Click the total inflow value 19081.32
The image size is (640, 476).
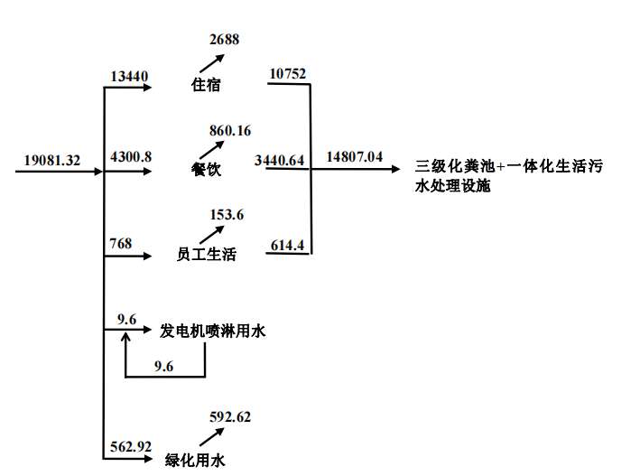click(52, 161)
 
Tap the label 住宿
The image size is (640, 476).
click(206, 87)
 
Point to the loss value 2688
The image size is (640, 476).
click(225, 39)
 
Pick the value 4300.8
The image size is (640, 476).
click(131, 157)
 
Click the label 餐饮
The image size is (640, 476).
click(206, 170)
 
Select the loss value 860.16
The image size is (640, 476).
click(230, 131)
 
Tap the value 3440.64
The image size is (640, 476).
click(280, 160)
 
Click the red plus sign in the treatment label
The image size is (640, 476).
click(501, 166)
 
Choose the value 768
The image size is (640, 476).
click(121, 243)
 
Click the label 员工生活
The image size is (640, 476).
click(206, 255)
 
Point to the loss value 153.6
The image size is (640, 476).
click(227, 214)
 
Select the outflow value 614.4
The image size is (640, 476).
click(288, 244)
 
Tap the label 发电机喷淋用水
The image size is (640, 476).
click(213, 331)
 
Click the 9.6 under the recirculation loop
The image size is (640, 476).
click(163, 366)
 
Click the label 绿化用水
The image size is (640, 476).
click(194, 460)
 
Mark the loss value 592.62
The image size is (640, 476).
click(230, 416)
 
